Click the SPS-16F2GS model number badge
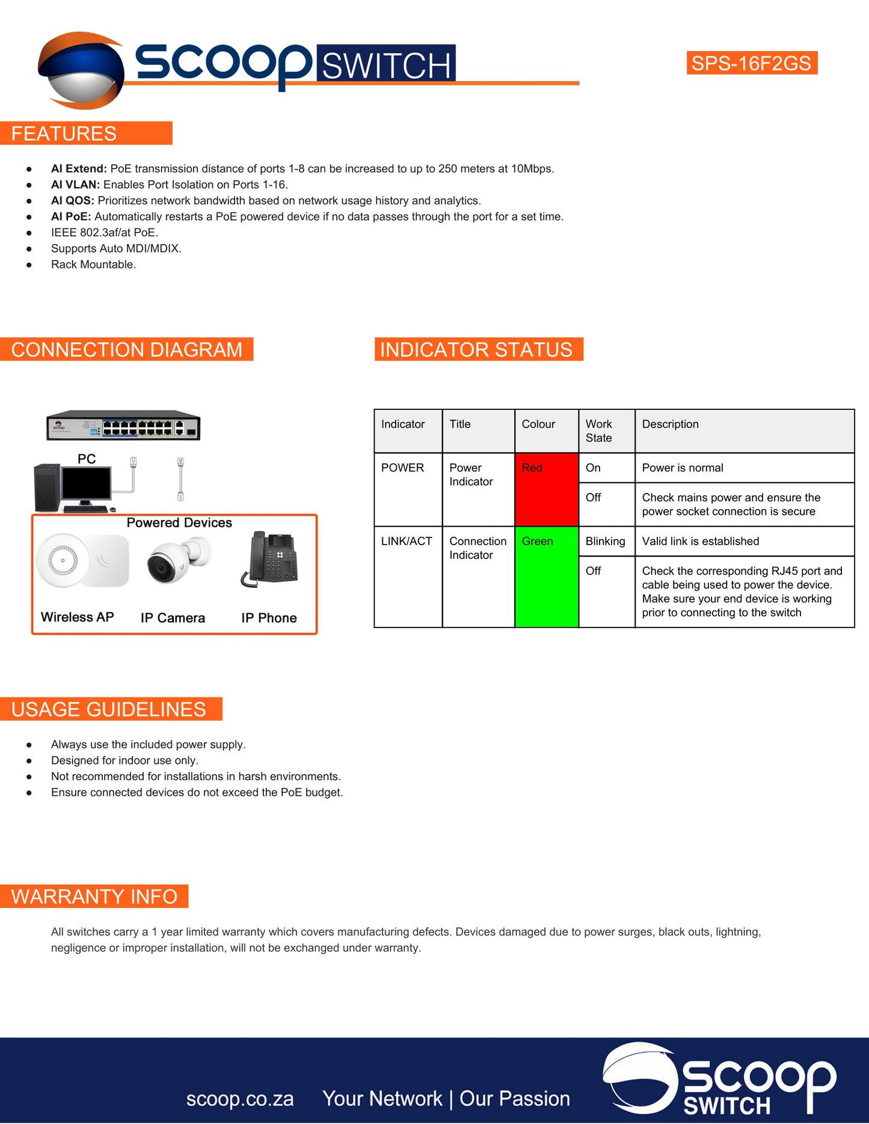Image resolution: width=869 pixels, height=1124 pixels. tap(751, 63)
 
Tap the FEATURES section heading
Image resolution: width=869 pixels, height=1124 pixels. tap(64, 133)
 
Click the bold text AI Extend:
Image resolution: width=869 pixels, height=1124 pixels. tap(79, 169)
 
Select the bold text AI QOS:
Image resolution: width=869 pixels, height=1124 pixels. tap(73, 201)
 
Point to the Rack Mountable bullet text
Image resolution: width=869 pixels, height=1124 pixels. tap(93, 264)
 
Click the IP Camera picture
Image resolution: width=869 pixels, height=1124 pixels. tap(178, 560)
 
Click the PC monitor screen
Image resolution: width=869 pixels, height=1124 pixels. tap(87, 483)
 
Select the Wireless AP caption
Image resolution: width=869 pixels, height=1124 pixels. tap(77, 617)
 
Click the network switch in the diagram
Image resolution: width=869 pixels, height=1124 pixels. tap(123, 426)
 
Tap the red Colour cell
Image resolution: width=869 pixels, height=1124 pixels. tap(546, 489)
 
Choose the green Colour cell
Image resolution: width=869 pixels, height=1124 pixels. tap(546, 577)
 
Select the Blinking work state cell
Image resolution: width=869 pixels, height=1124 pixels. tap(606, 541)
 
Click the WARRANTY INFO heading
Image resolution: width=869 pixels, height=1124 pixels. tap(94, 896)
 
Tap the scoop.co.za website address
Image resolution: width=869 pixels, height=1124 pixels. tap(240, 1099)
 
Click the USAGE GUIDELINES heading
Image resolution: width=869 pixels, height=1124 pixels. tap(109, 709)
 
